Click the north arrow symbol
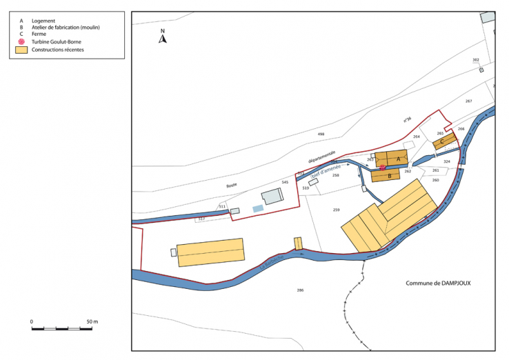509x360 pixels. tap(163, 37)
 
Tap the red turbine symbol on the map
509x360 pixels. tap(383, 168)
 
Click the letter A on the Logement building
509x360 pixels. tap(399, 158)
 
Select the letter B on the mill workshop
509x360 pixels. tap(390, 176)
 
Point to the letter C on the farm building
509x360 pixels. tap(441, 143)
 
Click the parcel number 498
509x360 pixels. tap(321, 134)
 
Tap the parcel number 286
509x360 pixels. tap(300, 290)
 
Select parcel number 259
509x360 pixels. tap(337, 210)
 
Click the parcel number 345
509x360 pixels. tap(285, 182)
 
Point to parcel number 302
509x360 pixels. tap(476, 61)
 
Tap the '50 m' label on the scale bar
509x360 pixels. tap(91, 322)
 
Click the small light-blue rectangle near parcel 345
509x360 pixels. tap(258, 208)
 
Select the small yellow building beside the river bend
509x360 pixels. tap(299, 243)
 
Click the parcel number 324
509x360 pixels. tap(446, 161)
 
